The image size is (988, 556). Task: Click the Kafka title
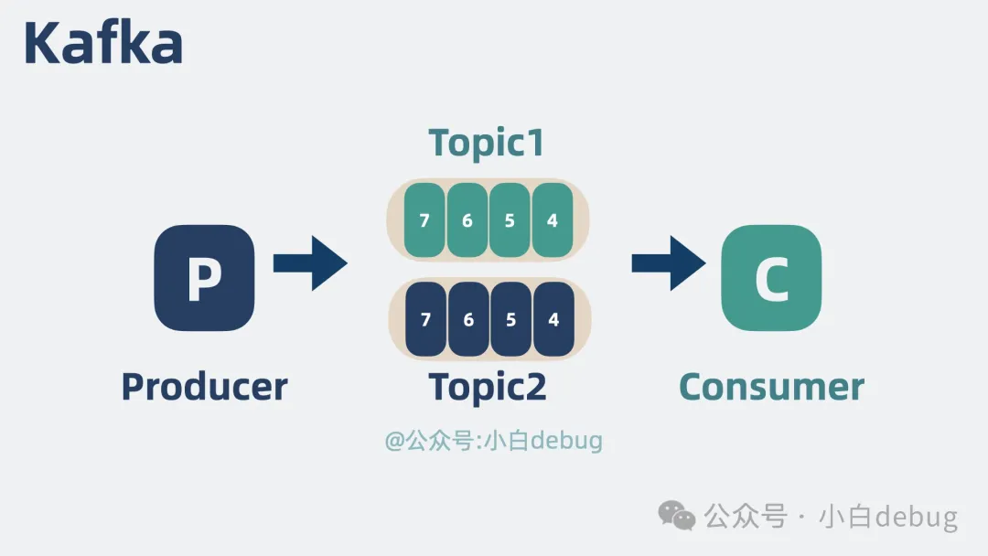pos(102,43)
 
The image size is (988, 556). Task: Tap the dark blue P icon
pos(204,278)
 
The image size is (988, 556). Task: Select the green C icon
pos(771,278)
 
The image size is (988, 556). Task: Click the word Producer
pos(204,387)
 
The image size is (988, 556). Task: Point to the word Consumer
pos(771,387)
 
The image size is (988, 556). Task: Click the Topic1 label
pos(487,144)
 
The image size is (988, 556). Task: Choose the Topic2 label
pos(488,388)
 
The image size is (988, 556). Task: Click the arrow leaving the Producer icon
pos(310,263)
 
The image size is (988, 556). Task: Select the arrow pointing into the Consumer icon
pos(669,263)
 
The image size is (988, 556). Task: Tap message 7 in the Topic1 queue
pos(424,220)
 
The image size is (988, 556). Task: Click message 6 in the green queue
pos(467,220)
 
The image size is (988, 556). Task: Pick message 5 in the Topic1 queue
pos(510,220)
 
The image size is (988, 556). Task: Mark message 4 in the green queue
pos(552,220)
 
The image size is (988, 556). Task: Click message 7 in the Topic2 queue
pos(425,319)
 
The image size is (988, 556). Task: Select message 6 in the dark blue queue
pos(468,319)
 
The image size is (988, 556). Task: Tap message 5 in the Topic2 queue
pos(510,319)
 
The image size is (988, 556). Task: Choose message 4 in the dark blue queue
pos(553,319)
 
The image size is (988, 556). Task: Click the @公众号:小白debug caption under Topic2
pos(494,441)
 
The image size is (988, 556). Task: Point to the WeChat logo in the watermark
pos(678,516)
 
